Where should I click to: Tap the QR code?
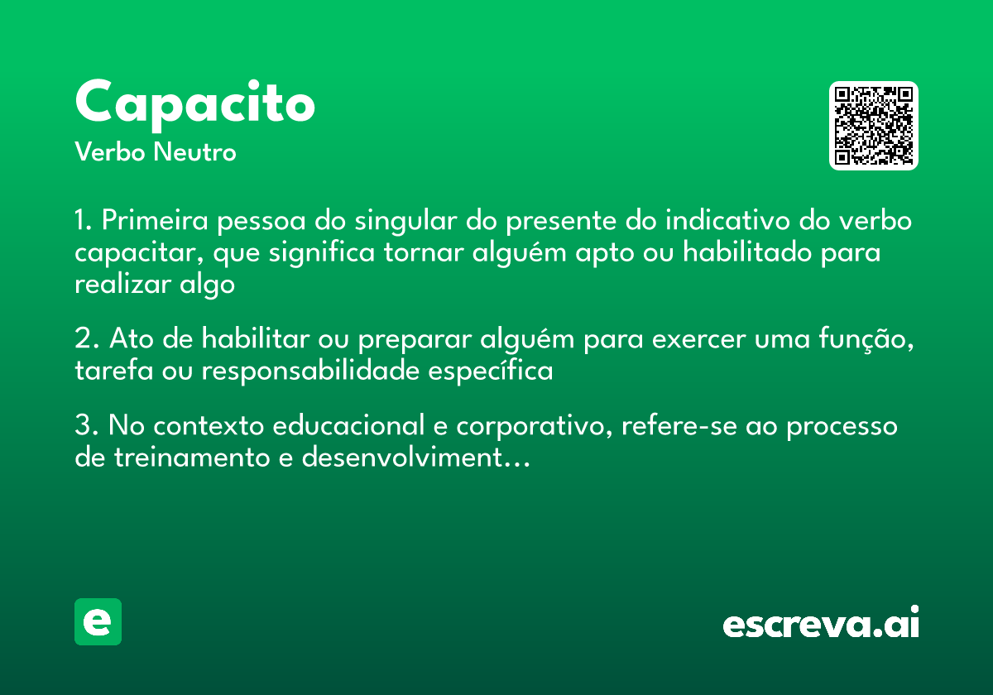[x=874, y=126]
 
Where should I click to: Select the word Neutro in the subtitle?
[x=195, y=152]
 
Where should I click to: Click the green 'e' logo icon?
[x=98, y=621]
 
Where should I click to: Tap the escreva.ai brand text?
[x=821, y=624]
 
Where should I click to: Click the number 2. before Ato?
[x=87, y=340]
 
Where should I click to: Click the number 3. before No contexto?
[x=87, y=427]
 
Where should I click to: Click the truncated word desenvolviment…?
[x=415, y=458]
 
